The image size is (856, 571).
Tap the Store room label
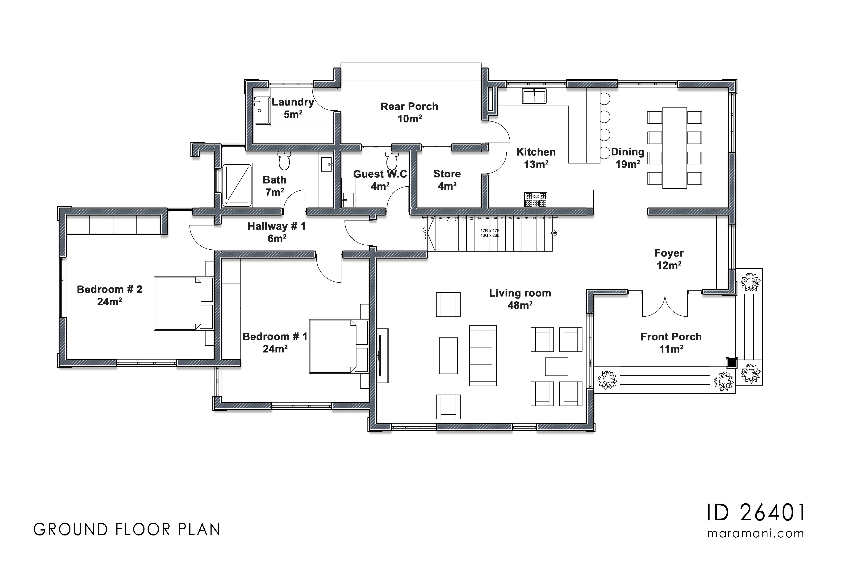click(x=447, y=174)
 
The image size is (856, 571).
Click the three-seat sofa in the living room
click(x=483, y=355)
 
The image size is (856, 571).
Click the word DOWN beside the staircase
click(x=424, y=233)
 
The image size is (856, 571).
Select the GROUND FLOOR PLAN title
click(x=127, y=530)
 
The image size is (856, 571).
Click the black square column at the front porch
click(x=732, y=363)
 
